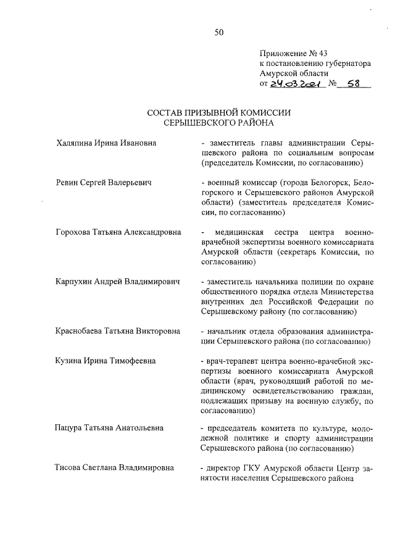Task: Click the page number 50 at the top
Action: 218,33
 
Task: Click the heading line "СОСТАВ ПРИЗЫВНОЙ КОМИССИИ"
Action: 218,113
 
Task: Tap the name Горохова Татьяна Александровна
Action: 118,232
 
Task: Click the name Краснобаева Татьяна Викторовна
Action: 117,331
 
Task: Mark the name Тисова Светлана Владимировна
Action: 114,467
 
